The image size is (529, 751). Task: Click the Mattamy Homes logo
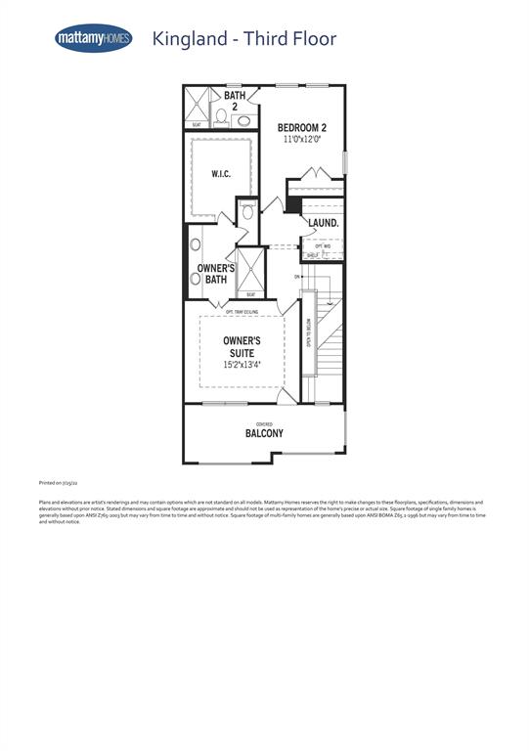click(x=93, y=38)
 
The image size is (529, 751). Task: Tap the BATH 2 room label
click(x=235, y=101)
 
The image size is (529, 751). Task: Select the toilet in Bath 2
click(x=221, y=118)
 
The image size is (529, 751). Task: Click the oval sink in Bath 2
click(x=242, y=120)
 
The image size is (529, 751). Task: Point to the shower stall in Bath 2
click(x=200, y=105)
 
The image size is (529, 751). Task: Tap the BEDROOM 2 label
click(x=302, y=128)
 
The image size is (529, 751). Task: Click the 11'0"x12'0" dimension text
click(x=302, y=140)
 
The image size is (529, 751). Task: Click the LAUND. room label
click(x=324, y=223)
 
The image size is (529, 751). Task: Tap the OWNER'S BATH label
click(x=216, y=274)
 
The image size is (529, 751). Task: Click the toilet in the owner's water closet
click(x=248, y=211)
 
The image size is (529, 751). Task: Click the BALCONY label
click(x=264, y=433)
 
